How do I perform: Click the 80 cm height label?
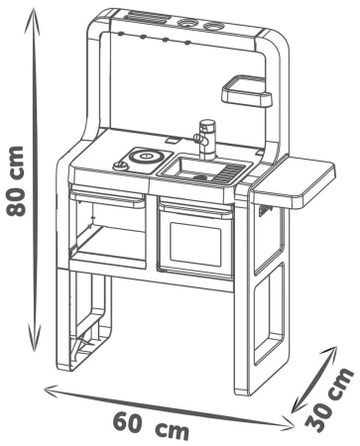16,181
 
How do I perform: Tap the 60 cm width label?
151,425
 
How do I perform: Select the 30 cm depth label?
329,400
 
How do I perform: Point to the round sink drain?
199,177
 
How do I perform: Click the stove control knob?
120,167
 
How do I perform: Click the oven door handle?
194,211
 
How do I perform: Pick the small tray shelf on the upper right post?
247,91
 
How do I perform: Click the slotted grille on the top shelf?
148,18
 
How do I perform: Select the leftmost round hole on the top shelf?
186,23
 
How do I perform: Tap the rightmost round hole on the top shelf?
212,26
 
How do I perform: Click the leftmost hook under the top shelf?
120,34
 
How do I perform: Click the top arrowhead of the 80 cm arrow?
34,17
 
